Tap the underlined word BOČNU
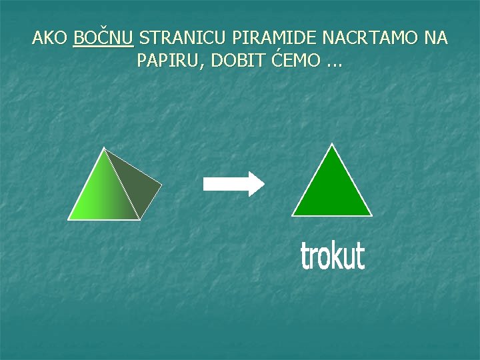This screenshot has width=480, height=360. (103, 38)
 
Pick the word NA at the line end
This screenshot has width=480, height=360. (435, 38)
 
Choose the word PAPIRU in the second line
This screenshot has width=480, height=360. (169, 61)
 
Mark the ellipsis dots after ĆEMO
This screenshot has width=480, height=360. (334, 64)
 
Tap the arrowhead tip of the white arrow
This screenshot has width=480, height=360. (263, 183)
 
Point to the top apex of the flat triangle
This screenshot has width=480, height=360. (332, 144)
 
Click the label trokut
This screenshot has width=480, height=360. (332, 256)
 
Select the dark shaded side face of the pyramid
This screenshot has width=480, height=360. (140, 187)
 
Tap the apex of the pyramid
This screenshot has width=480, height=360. (105, 148)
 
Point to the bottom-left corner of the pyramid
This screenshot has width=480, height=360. (69, 218)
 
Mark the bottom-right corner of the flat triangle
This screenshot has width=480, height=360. (371, 215)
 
